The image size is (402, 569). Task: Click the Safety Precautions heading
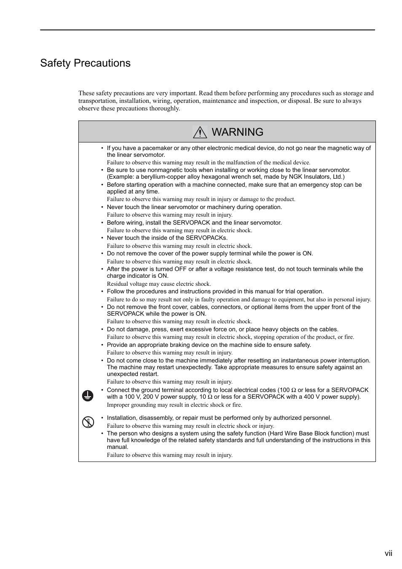click(x=85, y=63)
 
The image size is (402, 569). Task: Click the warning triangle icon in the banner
click(x=200, y=132)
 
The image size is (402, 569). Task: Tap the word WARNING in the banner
click(x=237, y=132)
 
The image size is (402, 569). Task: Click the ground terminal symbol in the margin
click(x=88, y=396)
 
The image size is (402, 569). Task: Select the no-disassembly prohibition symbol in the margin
click(x=88, y=422)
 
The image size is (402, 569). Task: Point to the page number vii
click(x=388, y=553)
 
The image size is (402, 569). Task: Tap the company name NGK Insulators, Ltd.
click(x=316, y=177)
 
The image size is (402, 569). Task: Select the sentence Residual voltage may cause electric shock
click(x=158, y=284)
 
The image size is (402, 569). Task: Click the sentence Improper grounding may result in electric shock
click(x=174, y=405)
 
